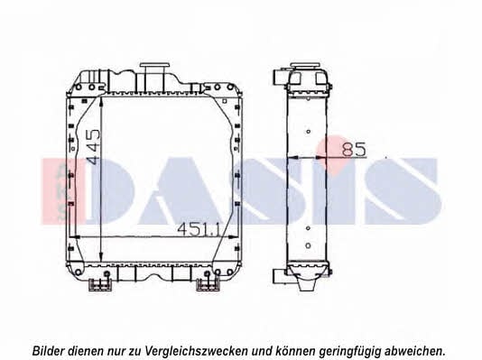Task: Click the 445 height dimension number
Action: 94,147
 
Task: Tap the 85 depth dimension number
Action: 354,149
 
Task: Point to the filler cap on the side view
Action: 306,65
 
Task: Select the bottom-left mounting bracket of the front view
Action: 100,284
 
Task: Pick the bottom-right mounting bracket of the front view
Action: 208,284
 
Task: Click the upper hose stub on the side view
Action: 280,77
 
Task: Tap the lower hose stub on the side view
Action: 280,276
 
